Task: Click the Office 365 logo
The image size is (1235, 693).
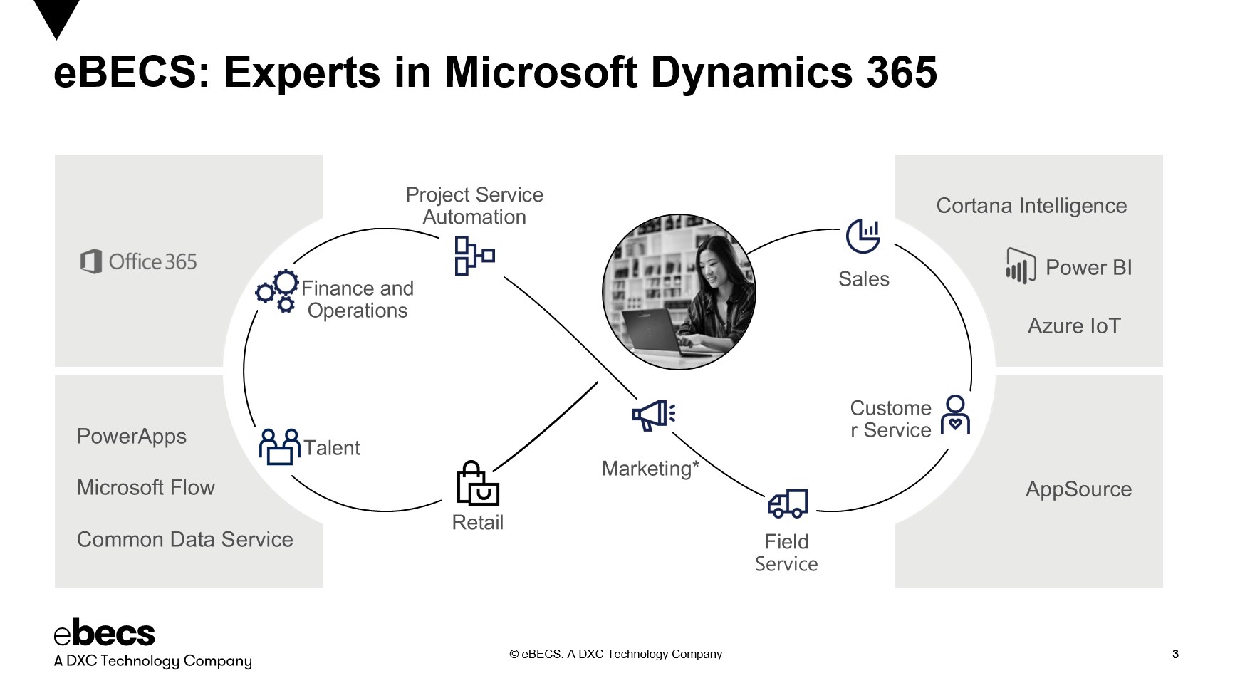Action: [x=90, y=261]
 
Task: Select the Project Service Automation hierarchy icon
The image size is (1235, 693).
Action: [x=474, y=256]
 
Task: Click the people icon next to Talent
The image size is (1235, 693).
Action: [x=279, y=447]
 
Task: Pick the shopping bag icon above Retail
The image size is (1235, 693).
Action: [x=476, y=484]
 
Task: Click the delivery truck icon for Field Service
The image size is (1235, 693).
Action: [x=787, y=504]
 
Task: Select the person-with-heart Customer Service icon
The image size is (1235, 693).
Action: [x=955, y=415]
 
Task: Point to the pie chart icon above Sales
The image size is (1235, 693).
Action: [x=863, y=236]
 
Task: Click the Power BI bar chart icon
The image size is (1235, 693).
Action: [x=1020, y=266]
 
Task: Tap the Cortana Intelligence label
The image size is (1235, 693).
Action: [x=1031, y=206]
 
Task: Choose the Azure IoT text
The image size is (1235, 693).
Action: [x=1073, y=326]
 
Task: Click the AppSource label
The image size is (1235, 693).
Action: [x=1078, y=489]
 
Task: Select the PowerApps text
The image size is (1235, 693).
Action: [x=132, y=436]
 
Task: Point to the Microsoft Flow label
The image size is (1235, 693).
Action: [x=146, y=488]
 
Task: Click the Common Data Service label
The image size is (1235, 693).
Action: [x=185, y=540]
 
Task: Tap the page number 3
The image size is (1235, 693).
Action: [x=1175, y=654]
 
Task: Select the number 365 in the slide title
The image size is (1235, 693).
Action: [x=902, y=73]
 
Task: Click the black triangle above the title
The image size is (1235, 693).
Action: [x=56, y=16]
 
